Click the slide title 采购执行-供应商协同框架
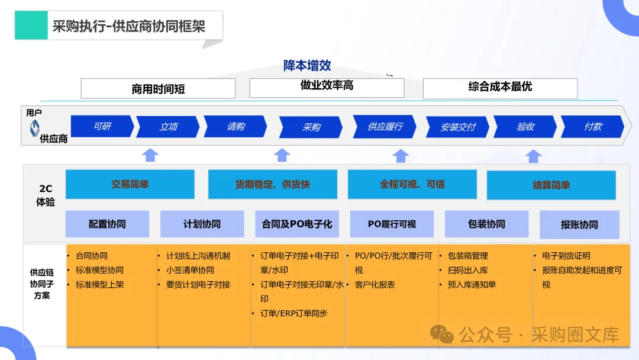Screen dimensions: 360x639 pyautogui.click(x=129, y=26)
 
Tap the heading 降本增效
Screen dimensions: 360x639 pyautogui.click(x=307, y=66)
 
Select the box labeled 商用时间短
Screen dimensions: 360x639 pyautogui.click(x=158, y=89)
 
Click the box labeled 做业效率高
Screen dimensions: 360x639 pyautogui.click(x=327, y=86)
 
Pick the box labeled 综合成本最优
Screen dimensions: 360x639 pyautogui.click(x=500, y=87)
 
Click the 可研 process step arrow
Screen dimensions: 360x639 pyautogui.click(x=102, y=127)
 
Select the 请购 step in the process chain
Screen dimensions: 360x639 pyautogui.click(x=235, y=127)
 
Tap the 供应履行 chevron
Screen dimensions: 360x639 pyautogui.click(x=385, y=127)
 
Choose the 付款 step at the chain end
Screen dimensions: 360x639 pyautogui.click(x=592, y=127)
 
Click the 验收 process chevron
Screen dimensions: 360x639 pyautogui.click(x=525, y=127)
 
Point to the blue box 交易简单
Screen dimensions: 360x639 pyautogui.click(x=130, y=184)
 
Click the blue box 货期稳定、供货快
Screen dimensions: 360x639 pyautogui.click(x=272, y=184)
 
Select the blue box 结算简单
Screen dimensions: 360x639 pyautogui.click(x=551, y=185)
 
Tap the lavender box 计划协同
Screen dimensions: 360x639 pyautogui.click(x=202, y=224)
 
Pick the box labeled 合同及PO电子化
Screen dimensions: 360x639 pyautogui.click(x=296, y=224)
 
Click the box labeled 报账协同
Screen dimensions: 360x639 pyautogui.click(x=579, y=225)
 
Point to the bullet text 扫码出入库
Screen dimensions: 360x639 pyautogui.click(x=467, y=270)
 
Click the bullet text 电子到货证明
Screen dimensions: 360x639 pyautogui.click(x=566, y=256)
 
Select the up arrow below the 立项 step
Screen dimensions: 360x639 pyautogui.click(x=151, y=155)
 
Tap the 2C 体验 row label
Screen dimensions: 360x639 pyautogui.click(x=46, y=195)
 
